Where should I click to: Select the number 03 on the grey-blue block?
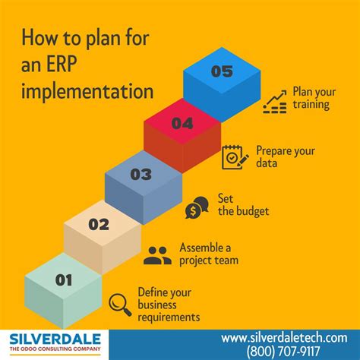point(141,174)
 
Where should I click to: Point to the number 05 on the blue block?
point(222,72)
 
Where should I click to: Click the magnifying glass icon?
point(120,304)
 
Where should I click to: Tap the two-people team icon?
point(157,255)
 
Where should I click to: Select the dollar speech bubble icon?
point(197,207)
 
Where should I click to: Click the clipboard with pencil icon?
point(235,157)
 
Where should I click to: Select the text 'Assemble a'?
point(206,247)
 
